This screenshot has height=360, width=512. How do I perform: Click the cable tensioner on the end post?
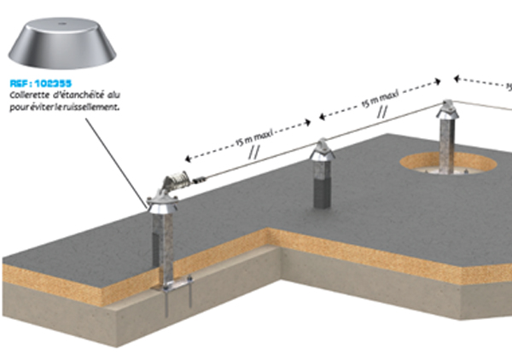[x=175, y=181]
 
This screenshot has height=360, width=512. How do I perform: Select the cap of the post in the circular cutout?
[x=446, y=110]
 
